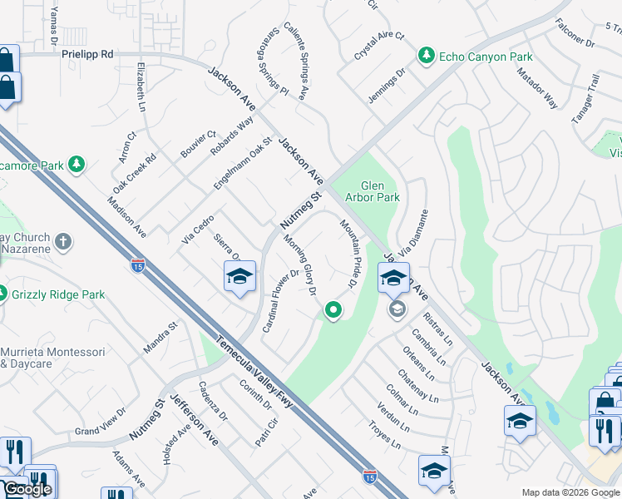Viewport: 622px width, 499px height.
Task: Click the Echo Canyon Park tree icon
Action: pos(427,55)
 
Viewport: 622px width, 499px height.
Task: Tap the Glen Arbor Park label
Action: pos(380,191)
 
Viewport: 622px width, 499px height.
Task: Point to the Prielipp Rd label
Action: pos(86,53)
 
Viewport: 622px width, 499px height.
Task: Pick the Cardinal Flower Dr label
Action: pos(280,299)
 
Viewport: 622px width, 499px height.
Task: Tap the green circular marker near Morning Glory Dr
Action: pos(333,311)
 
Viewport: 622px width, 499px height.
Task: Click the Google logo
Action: pos(27,489)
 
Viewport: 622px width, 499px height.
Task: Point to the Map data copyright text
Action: pos(570,492)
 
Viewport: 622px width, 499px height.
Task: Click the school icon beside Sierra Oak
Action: pos(239,277)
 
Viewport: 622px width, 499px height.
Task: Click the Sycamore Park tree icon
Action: pos(77,165)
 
